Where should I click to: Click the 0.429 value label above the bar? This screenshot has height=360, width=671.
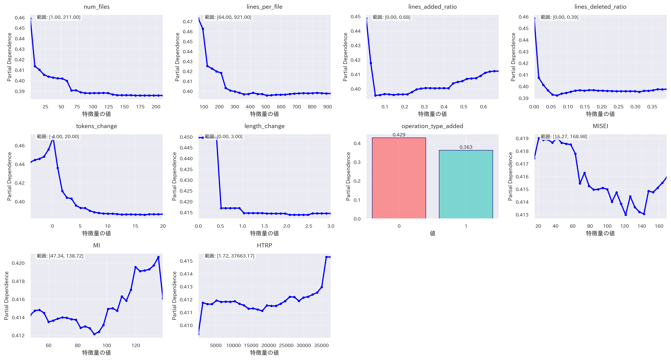[x=399, y=135]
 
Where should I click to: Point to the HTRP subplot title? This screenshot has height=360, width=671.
[x=264, y=245]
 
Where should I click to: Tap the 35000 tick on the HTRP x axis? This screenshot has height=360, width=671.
[x=321, y=345]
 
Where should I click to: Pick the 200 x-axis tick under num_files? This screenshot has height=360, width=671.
[x=156, y=107]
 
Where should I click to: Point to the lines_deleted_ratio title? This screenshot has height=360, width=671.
[x=600, y=7]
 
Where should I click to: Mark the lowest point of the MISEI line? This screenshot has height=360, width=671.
[x=625, y=215]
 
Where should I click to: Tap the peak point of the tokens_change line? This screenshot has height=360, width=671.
[x=53, y=138]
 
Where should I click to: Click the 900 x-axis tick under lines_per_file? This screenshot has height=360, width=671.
[x=327, y=107]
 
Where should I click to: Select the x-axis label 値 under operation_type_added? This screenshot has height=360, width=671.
[x=432, y=233]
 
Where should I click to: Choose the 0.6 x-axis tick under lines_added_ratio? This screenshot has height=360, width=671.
[x=483, y=107]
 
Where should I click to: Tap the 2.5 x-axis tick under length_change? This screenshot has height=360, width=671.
[x=309, y=226]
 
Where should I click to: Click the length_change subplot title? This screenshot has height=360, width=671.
[x=264, y=126]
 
